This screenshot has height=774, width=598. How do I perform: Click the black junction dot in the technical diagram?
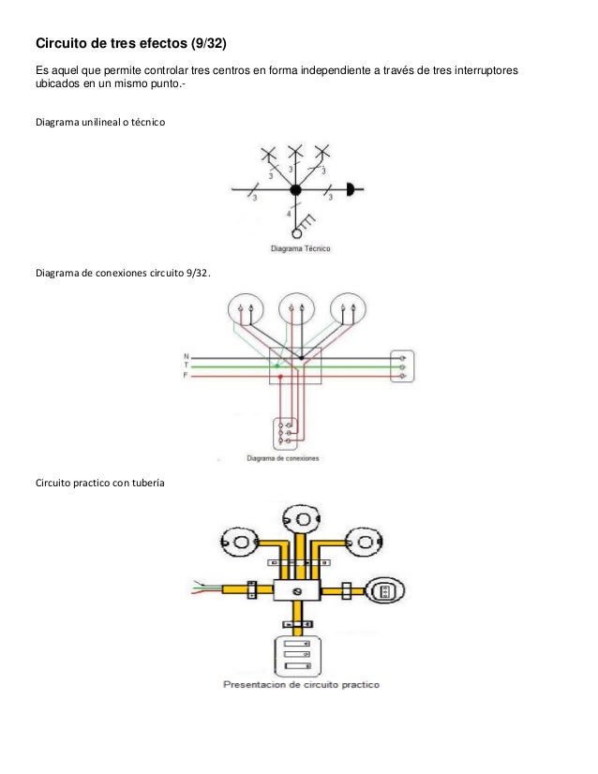(295, 190)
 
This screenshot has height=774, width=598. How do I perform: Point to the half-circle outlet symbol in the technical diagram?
(351, 189)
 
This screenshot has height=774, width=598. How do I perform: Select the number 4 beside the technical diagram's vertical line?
(288, 216)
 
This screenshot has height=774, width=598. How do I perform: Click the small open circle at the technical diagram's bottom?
(297, 233)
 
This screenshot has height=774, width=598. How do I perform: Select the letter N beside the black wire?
(186, 356)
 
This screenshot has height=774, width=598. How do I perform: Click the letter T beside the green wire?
(186, 365)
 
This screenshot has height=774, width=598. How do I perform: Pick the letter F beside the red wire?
(186, 375)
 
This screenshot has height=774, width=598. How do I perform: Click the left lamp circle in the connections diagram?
(246, 308)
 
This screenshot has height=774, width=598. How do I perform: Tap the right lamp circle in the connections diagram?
(348, 308)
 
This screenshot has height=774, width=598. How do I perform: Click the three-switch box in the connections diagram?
(284, 432)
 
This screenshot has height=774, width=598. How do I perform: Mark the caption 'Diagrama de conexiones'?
(283, 458)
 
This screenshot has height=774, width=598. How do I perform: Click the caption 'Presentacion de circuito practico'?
(300, 685)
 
